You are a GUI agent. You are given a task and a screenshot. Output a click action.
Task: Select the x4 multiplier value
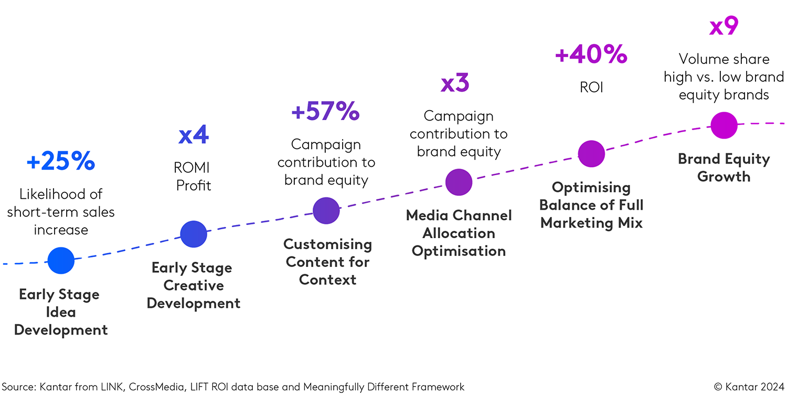click(x=194, y=135)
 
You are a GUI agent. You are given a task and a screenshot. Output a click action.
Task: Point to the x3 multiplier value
click(x=455, y=84)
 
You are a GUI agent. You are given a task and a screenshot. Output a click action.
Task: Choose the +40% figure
click(x=591, y=55)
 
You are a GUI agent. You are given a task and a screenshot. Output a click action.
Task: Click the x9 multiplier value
click(x=724, y=27)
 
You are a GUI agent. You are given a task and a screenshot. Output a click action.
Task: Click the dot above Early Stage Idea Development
click(x=61, y=260)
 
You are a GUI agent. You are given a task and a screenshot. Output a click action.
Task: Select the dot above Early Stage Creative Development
click(x=194, y=234)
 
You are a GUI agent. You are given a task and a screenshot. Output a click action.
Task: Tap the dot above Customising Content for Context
click(x=326, y=210)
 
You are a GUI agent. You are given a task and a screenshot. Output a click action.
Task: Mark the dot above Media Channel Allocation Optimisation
click(x=459, y=182)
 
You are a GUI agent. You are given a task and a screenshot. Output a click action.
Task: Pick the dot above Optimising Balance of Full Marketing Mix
click(x=591, y=154)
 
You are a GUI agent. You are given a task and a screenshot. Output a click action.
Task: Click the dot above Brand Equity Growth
click(x=724, y=125)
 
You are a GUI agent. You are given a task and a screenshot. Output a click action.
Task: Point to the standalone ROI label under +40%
click(x=591, y=87)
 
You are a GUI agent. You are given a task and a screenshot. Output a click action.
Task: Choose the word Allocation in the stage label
click(x=459, y=233)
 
